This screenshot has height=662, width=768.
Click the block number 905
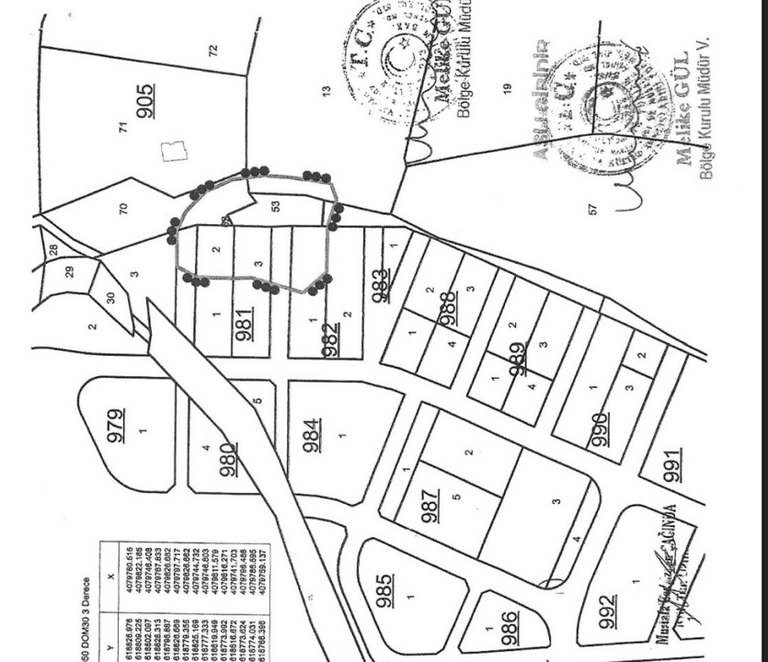[145, 101]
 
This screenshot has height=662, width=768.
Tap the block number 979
[116, 425]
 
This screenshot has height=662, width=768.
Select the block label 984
[313, 436]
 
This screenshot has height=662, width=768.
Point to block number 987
[430, 506]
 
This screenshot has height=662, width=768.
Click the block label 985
[385, 590]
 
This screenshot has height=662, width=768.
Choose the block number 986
[510, 627]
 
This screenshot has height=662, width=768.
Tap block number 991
[673, 465]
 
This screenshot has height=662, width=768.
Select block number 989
[518, 359]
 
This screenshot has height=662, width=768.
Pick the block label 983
[380, 285]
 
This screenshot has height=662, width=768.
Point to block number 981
[245, 325]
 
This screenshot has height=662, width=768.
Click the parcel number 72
[213, 51]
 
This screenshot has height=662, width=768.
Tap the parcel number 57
[592, 210]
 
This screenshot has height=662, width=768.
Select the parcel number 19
[507, 88]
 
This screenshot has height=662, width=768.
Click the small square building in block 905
[173, 151]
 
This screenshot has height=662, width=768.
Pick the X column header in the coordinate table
[111, 576]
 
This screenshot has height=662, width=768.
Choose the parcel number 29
[70, 271]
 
